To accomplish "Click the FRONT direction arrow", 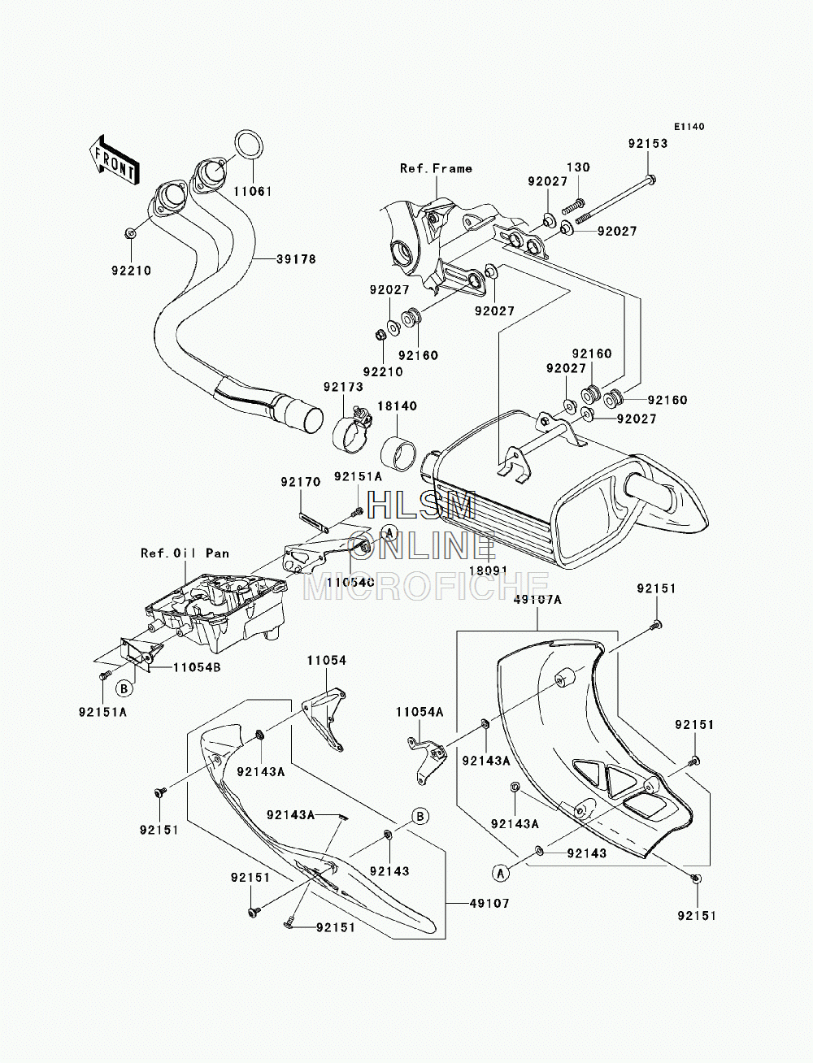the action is (x=113, y=160).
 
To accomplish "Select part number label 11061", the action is (x=252, y=192).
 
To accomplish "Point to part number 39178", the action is (x=296, y=259).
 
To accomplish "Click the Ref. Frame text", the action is (x=436, y=168).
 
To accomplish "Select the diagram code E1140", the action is (x=689, y=127).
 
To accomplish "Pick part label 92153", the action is (x=648, y=143).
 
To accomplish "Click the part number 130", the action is (x=578, y=167).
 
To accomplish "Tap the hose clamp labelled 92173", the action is (x=353, y=430).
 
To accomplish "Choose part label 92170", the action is (x=301, y=482).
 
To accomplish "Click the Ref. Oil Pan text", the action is (x=185, y=553).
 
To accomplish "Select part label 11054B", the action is (x=198, y=667).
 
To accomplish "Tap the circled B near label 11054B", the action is (x=124, y=688).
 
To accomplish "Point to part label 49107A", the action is (x=538, y=600).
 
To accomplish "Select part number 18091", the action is (x=488, y=571).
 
